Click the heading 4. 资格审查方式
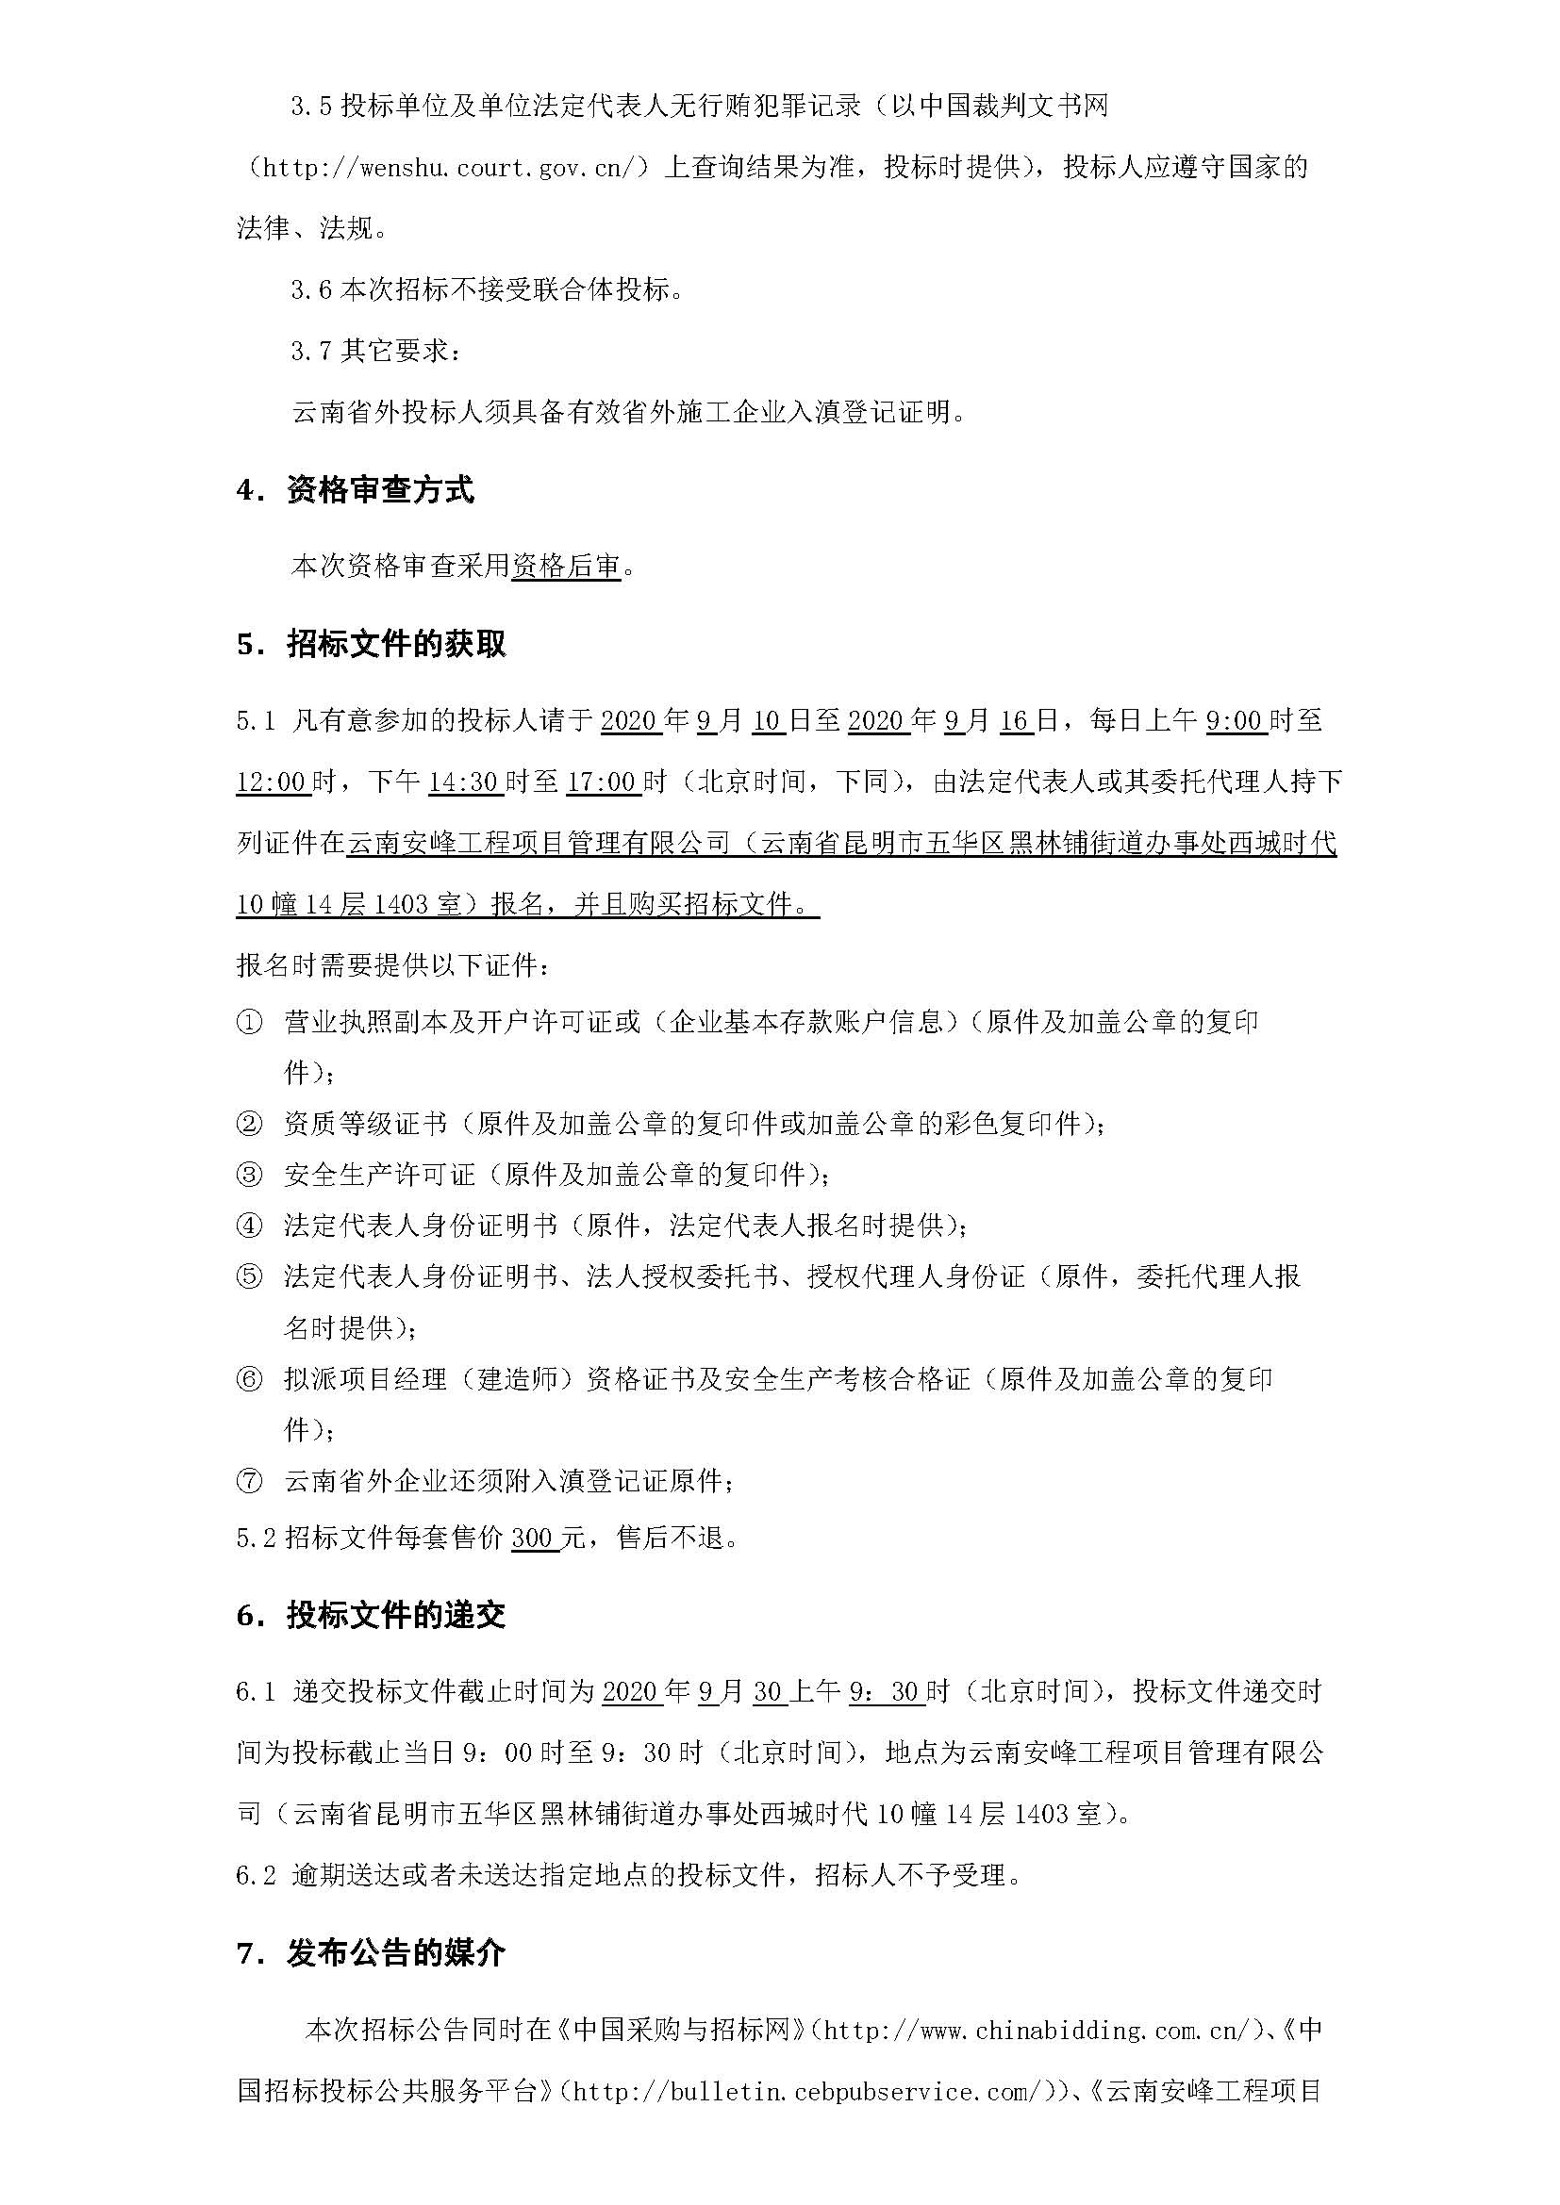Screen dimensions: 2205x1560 (x=355, y=491)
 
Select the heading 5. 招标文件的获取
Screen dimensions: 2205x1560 (x=371, y=645)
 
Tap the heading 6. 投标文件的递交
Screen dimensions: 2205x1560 (x=371, y=1616)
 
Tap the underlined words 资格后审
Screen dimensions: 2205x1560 (x=566, y=567)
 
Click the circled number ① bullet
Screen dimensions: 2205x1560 (x=249, y=1022)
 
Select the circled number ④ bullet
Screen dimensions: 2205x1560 (x=249, y=1226)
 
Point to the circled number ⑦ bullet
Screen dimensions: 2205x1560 (x=249, y=1481)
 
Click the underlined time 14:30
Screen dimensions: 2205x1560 (x=465, y=782)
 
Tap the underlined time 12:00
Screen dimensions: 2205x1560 (x=272, y=782)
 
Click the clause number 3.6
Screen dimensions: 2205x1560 (x=311, y=289)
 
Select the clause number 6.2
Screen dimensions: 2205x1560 (x=256, y=1875)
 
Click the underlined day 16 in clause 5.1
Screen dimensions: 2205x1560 (x=1015, y=720)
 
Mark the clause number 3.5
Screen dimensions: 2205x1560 (x=311, y=106)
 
